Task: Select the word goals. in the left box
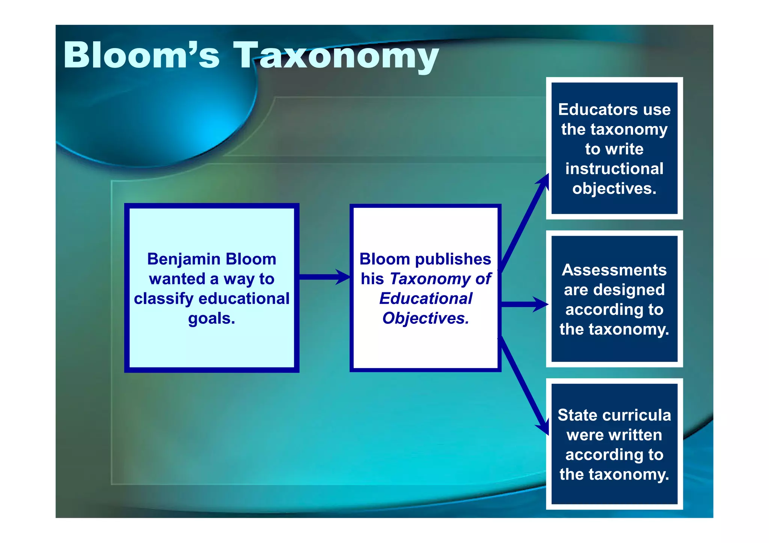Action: (x=211, y=319)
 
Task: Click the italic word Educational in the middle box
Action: (x=425, y=299)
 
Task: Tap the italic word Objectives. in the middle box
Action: (x=425, y=319)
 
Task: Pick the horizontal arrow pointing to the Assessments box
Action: (x=523, y=304)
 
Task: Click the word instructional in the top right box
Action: (x=614, y=169)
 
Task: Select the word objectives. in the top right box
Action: (x=614, y=189)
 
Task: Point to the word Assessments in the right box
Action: (x=614, y=270)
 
